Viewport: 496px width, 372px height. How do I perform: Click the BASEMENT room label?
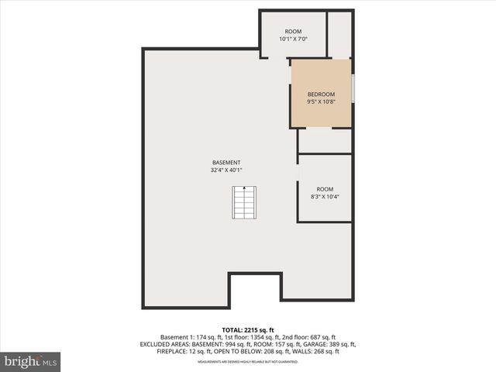[226, 163]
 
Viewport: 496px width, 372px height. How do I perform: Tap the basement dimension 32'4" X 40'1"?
[226, 170]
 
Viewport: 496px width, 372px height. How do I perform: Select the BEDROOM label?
[321, 94]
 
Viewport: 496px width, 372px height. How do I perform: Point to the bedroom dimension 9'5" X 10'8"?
[321, 102]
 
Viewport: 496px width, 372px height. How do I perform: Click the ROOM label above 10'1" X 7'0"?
[293, 31]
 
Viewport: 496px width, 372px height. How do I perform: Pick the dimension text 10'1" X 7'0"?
[293, 39]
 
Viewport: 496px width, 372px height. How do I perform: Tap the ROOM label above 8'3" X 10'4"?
[324, 189]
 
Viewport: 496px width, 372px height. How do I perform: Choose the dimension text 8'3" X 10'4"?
[324, 197]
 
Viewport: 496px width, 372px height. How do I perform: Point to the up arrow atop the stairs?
[244, 188]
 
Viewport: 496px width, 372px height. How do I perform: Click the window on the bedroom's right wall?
[353, 88]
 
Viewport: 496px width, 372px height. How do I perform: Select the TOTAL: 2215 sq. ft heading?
[247, 329]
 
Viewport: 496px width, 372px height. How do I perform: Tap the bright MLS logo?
[31, 361]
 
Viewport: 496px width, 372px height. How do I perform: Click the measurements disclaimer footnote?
[247, 362]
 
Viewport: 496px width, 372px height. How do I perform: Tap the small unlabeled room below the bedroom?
[325, 141]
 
